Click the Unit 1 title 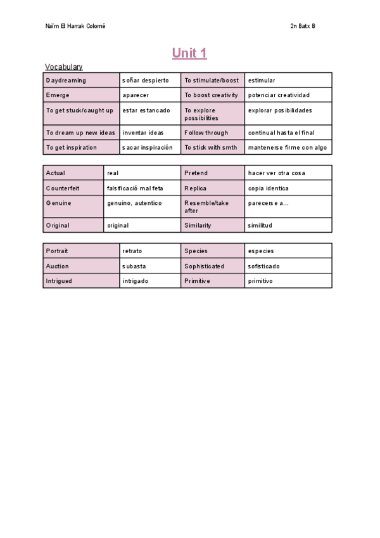189,53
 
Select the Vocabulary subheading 63,67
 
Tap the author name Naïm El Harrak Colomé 75,26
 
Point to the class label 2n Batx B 302,26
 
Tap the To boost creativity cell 212,95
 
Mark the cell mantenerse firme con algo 288,148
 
